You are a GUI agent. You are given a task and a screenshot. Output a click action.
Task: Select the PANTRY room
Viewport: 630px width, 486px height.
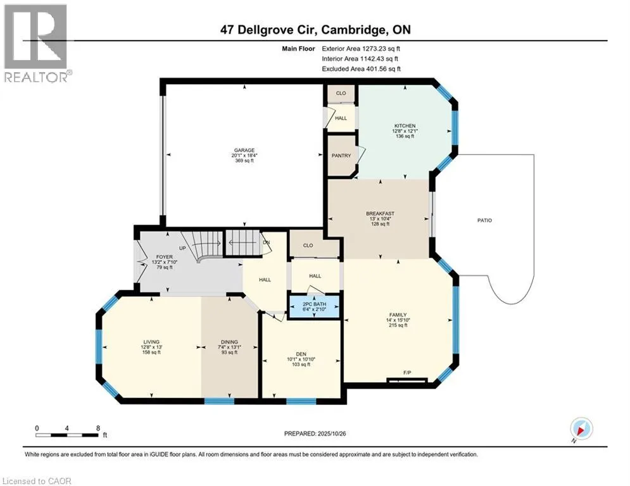tap(341, 156)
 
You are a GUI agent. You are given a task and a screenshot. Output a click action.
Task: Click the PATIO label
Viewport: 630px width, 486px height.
tap(485, 220)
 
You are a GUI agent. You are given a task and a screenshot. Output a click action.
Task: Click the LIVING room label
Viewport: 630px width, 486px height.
tap(151, 342)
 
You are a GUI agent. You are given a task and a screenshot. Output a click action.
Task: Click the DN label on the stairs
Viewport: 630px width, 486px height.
tap(267, 242)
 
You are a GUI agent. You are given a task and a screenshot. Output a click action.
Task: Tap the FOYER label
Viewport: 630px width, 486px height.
tap(146, 257)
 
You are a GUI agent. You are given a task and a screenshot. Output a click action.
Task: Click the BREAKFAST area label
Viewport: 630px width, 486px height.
tap(380, 214)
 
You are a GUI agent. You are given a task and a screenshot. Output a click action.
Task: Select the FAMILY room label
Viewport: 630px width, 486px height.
tap(398, 315)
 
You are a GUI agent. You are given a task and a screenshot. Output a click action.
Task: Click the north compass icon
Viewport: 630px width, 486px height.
tap(581, 428)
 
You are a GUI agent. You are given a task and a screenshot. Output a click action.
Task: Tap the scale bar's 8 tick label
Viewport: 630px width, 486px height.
tap(98, 428)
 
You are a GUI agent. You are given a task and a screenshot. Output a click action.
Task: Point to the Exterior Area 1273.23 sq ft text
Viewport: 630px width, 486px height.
tap(361, 47)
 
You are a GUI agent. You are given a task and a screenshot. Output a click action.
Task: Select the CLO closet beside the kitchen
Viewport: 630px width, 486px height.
tap(341, 93)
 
